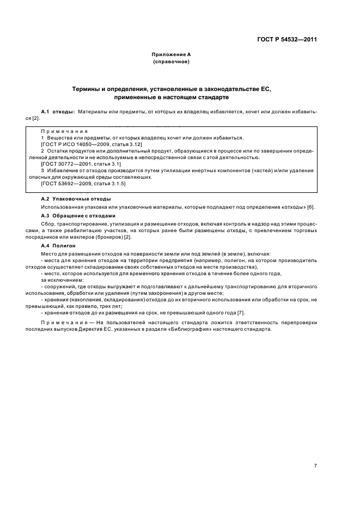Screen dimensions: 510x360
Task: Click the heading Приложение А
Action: pyautogui.click(x=172, y=54)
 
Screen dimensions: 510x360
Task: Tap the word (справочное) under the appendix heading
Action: pyautogui.click(x=172, y=62)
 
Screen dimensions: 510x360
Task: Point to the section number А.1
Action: pyautogui.click(x=46, y=111)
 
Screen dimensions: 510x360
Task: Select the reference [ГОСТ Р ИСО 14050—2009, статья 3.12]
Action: pyautogui.click(x=83, y=144)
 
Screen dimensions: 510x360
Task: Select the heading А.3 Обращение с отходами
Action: pyautogui.click(x=78, y=215)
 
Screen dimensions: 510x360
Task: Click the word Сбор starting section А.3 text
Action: pyautogui.click(x=47, y=223)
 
